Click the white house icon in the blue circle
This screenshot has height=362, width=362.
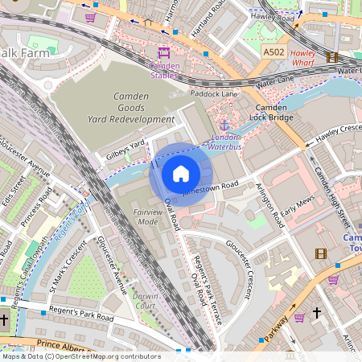click(181, 174)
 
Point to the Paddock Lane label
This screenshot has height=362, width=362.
click(214, 93)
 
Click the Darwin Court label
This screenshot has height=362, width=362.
click(145, 300)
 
